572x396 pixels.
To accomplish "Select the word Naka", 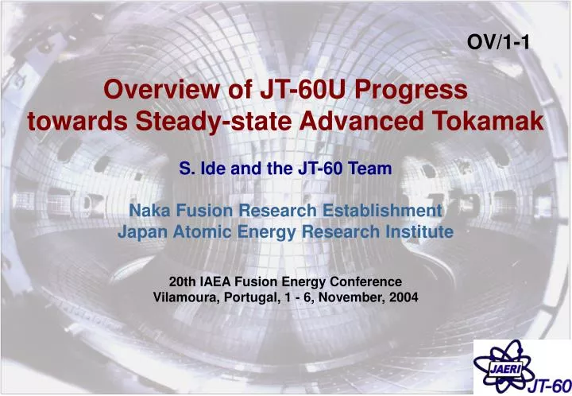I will point(149,211).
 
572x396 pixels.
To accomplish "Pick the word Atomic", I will point(199,231).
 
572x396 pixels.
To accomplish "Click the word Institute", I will point(419,231).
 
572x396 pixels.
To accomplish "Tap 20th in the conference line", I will point(184,281).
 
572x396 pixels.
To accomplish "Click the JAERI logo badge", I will point(502,366).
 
